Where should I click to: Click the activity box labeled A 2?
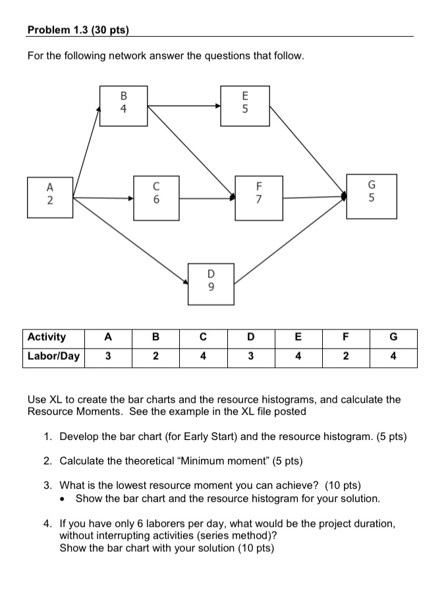pyautogui.click(x=50, y=196)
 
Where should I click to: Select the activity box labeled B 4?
pyautogui.click(x=123, y=105)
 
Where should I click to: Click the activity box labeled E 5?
pyautogui.click(x=245, y=105)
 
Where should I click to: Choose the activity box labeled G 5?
pyautogui.click(x=372, y=196)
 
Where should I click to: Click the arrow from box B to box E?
pyautogui.click(x=184, y=105)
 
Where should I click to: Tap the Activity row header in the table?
pyautogui.click(x=47, y=337)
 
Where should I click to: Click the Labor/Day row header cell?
pyautogui.click(x=53, y=356)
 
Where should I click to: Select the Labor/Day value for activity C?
pyautogui.click(x=203, y=356)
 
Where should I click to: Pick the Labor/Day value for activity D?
pyautogui.click(x=250, y=356)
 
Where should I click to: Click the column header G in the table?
pyautogui.click(x=393, y=337)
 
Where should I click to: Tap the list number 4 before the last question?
pyautogui.click(x=47, y=524)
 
